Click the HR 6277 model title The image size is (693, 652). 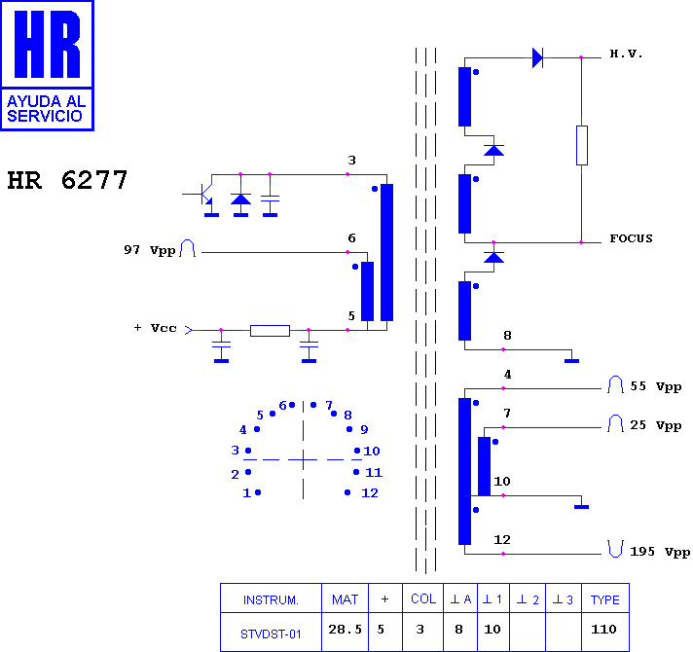coord(67,180)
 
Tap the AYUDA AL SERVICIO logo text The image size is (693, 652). coord(46,109)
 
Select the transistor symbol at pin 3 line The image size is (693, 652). coord(202,195)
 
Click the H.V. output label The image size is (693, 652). coord(626,54)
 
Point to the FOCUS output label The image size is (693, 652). coord(631,238)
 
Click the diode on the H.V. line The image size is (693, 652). coord(537,57)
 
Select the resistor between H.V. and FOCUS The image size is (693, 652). coord(582,145)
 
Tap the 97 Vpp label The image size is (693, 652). coord(149,250)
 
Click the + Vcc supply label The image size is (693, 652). coord(155,328)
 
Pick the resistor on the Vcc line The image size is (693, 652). coord(270,331)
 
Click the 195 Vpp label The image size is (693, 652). coord(659,552)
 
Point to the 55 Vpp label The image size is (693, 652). coord(655,386)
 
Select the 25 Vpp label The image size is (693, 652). coord(655,425)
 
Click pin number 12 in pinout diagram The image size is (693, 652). coord(370,493)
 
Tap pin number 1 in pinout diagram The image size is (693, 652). coord(246,493)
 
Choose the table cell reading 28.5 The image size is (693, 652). coord(345,629)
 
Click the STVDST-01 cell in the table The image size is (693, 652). coord(271,634)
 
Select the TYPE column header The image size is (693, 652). coord(605,599)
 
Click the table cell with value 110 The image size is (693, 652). coord(603,629)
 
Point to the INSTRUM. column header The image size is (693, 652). coord(271,599)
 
